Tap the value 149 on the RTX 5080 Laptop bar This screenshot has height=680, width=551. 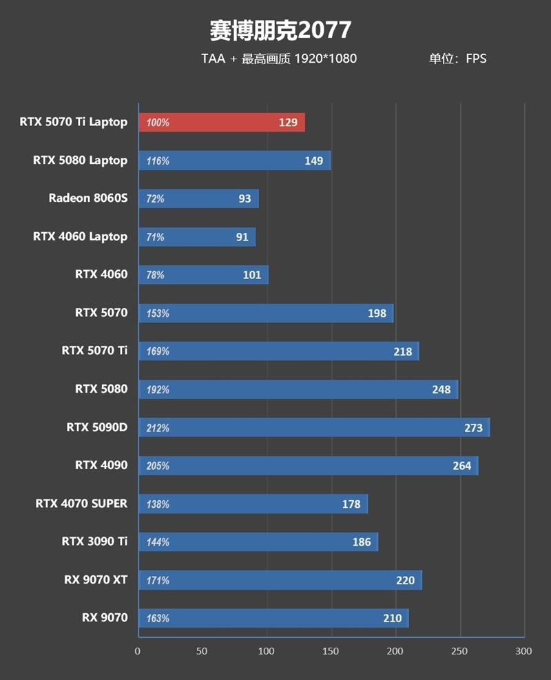(313, 161)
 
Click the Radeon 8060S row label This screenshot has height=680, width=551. (87, 198)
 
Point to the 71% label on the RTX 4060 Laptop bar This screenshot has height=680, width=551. (156, 237)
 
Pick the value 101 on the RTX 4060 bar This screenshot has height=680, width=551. (252, 275)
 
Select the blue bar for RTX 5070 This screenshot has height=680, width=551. (266, 313)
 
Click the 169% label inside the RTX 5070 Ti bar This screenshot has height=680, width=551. (158, 351)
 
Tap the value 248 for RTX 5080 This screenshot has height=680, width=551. (441, 389)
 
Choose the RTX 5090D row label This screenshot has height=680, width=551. (96, 427)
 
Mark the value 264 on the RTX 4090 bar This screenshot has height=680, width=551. (461, 466)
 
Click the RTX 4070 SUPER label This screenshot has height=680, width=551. (81, 504)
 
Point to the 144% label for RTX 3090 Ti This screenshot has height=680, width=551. (158, 542)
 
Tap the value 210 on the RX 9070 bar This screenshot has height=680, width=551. (392, 618)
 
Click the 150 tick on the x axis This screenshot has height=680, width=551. (331, 651)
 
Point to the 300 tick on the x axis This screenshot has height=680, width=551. (523, 651)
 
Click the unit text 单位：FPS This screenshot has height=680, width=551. (457, 59)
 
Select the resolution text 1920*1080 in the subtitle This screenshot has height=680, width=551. (325, 59)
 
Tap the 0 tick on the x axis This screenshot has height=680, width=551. (138, 651)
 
